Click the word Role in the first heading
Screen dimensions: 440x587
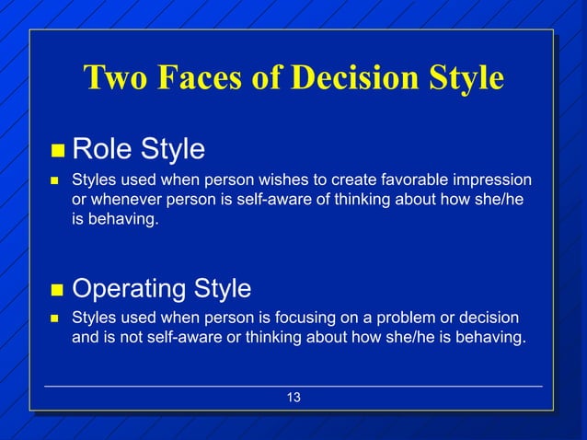[100, 148]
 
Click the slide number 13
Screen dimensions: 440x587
[293, 398]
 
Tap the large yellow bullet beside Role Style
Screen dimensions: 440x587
[56, 150]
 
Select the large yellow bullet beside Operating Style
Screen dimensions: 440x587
[56, 291]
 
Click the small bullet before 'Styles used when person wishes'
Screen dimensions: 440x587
[55, 179]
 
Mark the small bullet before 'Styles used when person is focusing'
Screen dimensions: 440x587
[55, 318]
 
